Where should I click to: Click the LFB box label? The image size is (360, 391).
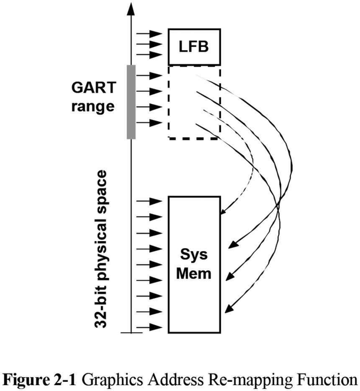(x=193, y=46)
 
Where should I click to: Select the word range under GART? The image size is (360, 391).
(x=92, y=106)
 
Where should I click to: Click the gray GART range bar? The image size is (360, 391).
(x=131, y=102)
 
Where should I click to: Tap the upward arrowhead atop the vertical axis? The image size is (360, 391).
(x=131, y=8)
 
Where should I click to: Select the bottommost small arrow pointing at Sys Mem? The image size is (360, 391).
(x=149, y=327)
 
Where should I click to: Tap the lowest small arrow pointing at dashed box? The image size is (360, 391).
(x=149, y=123)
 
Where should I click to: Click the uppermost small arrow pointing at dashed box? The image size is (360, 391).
(x=149, y=76)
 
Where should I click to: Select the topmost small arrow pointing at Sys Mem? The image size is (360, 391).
(x=149, y=201)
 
